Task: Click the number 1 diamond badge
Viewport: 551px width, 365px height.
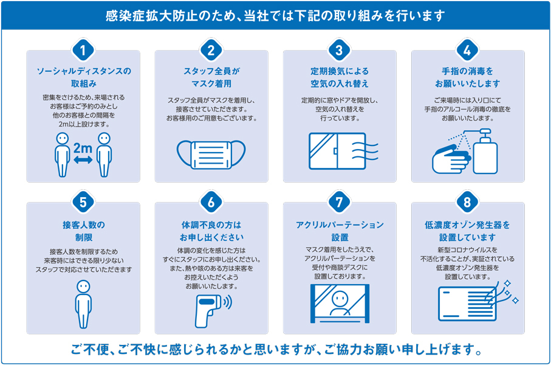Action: pyautogui.click(x=83, y=50)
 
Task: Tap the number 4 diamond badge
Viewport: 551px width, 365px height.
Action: pyautogui.click(x=467, y=50)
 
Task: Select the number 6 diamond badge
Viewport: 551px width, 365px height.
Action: pyautogui.click(x=211, y=202)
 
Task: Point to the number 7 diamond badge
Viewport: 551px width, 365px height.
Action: pyautogui.click(x=339, y=202)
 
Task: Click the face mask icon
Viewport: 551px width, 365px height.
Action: pyautogui.click(x=211, y=155)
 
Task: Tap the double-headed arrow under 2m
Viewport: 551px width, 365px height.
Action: pyautogui.click(x=83, y=160)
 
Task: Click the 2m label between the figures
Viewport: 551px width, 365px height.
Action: pyautogui.click(x=83, y=148)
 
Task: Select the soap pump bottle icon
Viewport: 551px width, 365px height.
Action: pyautogui.click(x=485, y=151)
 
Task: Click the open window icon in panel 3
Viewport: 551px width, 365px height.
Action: pyautogui.click(x=337, y=151)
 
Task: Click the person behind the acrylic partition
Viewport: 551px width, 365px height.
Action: pyautogui.click(x=340, y=304)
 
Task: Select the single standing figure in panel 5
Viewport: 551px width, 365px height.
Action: pyautogui.click(x=83, y=304)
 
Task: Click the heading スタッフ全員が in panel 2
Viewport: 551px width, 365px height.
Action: pyautogui.click(x=211, y=71)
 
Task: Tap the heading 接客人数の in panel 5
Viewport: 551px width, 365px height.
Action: pyautogui.click(x=84, y=225)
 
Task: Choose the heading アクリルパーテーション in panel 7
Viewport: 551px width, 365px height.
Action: pyautogui.click(x=340, y=225)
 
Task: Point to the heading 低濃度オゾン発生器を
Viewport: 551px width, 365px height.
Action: pyautogui.click(x=467, y=225)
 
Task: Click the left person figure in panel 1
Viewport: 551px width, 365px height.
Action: pyautogui.click(x=62, y=155)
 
